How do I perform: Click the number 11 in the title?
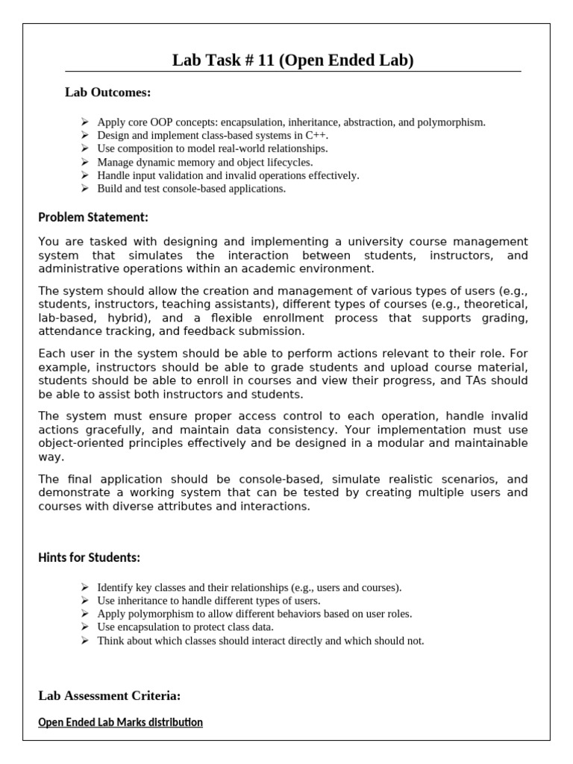pyautogui.click(x=266, y=60)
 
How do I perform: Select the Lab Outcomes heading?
pyautogui.click(x=107, y=93)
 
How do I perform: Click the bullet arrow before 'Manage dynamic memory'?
pyautogui.click(x=84, y=162)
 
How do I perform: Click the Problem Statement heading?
pyautogui.click(x=93, y=217)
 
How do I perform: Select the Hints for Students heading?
pyautogui.click(x=89, y=557)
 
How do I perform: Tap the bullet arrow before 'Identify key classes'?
pyautogui.click(x=84, y=587)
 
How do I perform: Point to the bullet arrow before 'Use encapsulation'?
pyautogui.click(x=84, y=627)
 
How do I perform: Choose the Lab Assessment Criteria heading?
pyautogui.click(x=109, y=696)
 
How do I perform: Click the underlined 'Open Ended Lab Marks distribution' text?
pyautogui.click(x=120, y=722)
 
